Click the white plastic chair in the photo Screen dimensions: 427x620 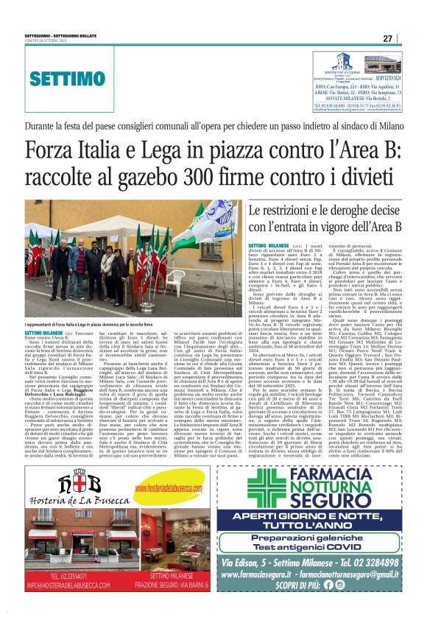click(x=177, y=280)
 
